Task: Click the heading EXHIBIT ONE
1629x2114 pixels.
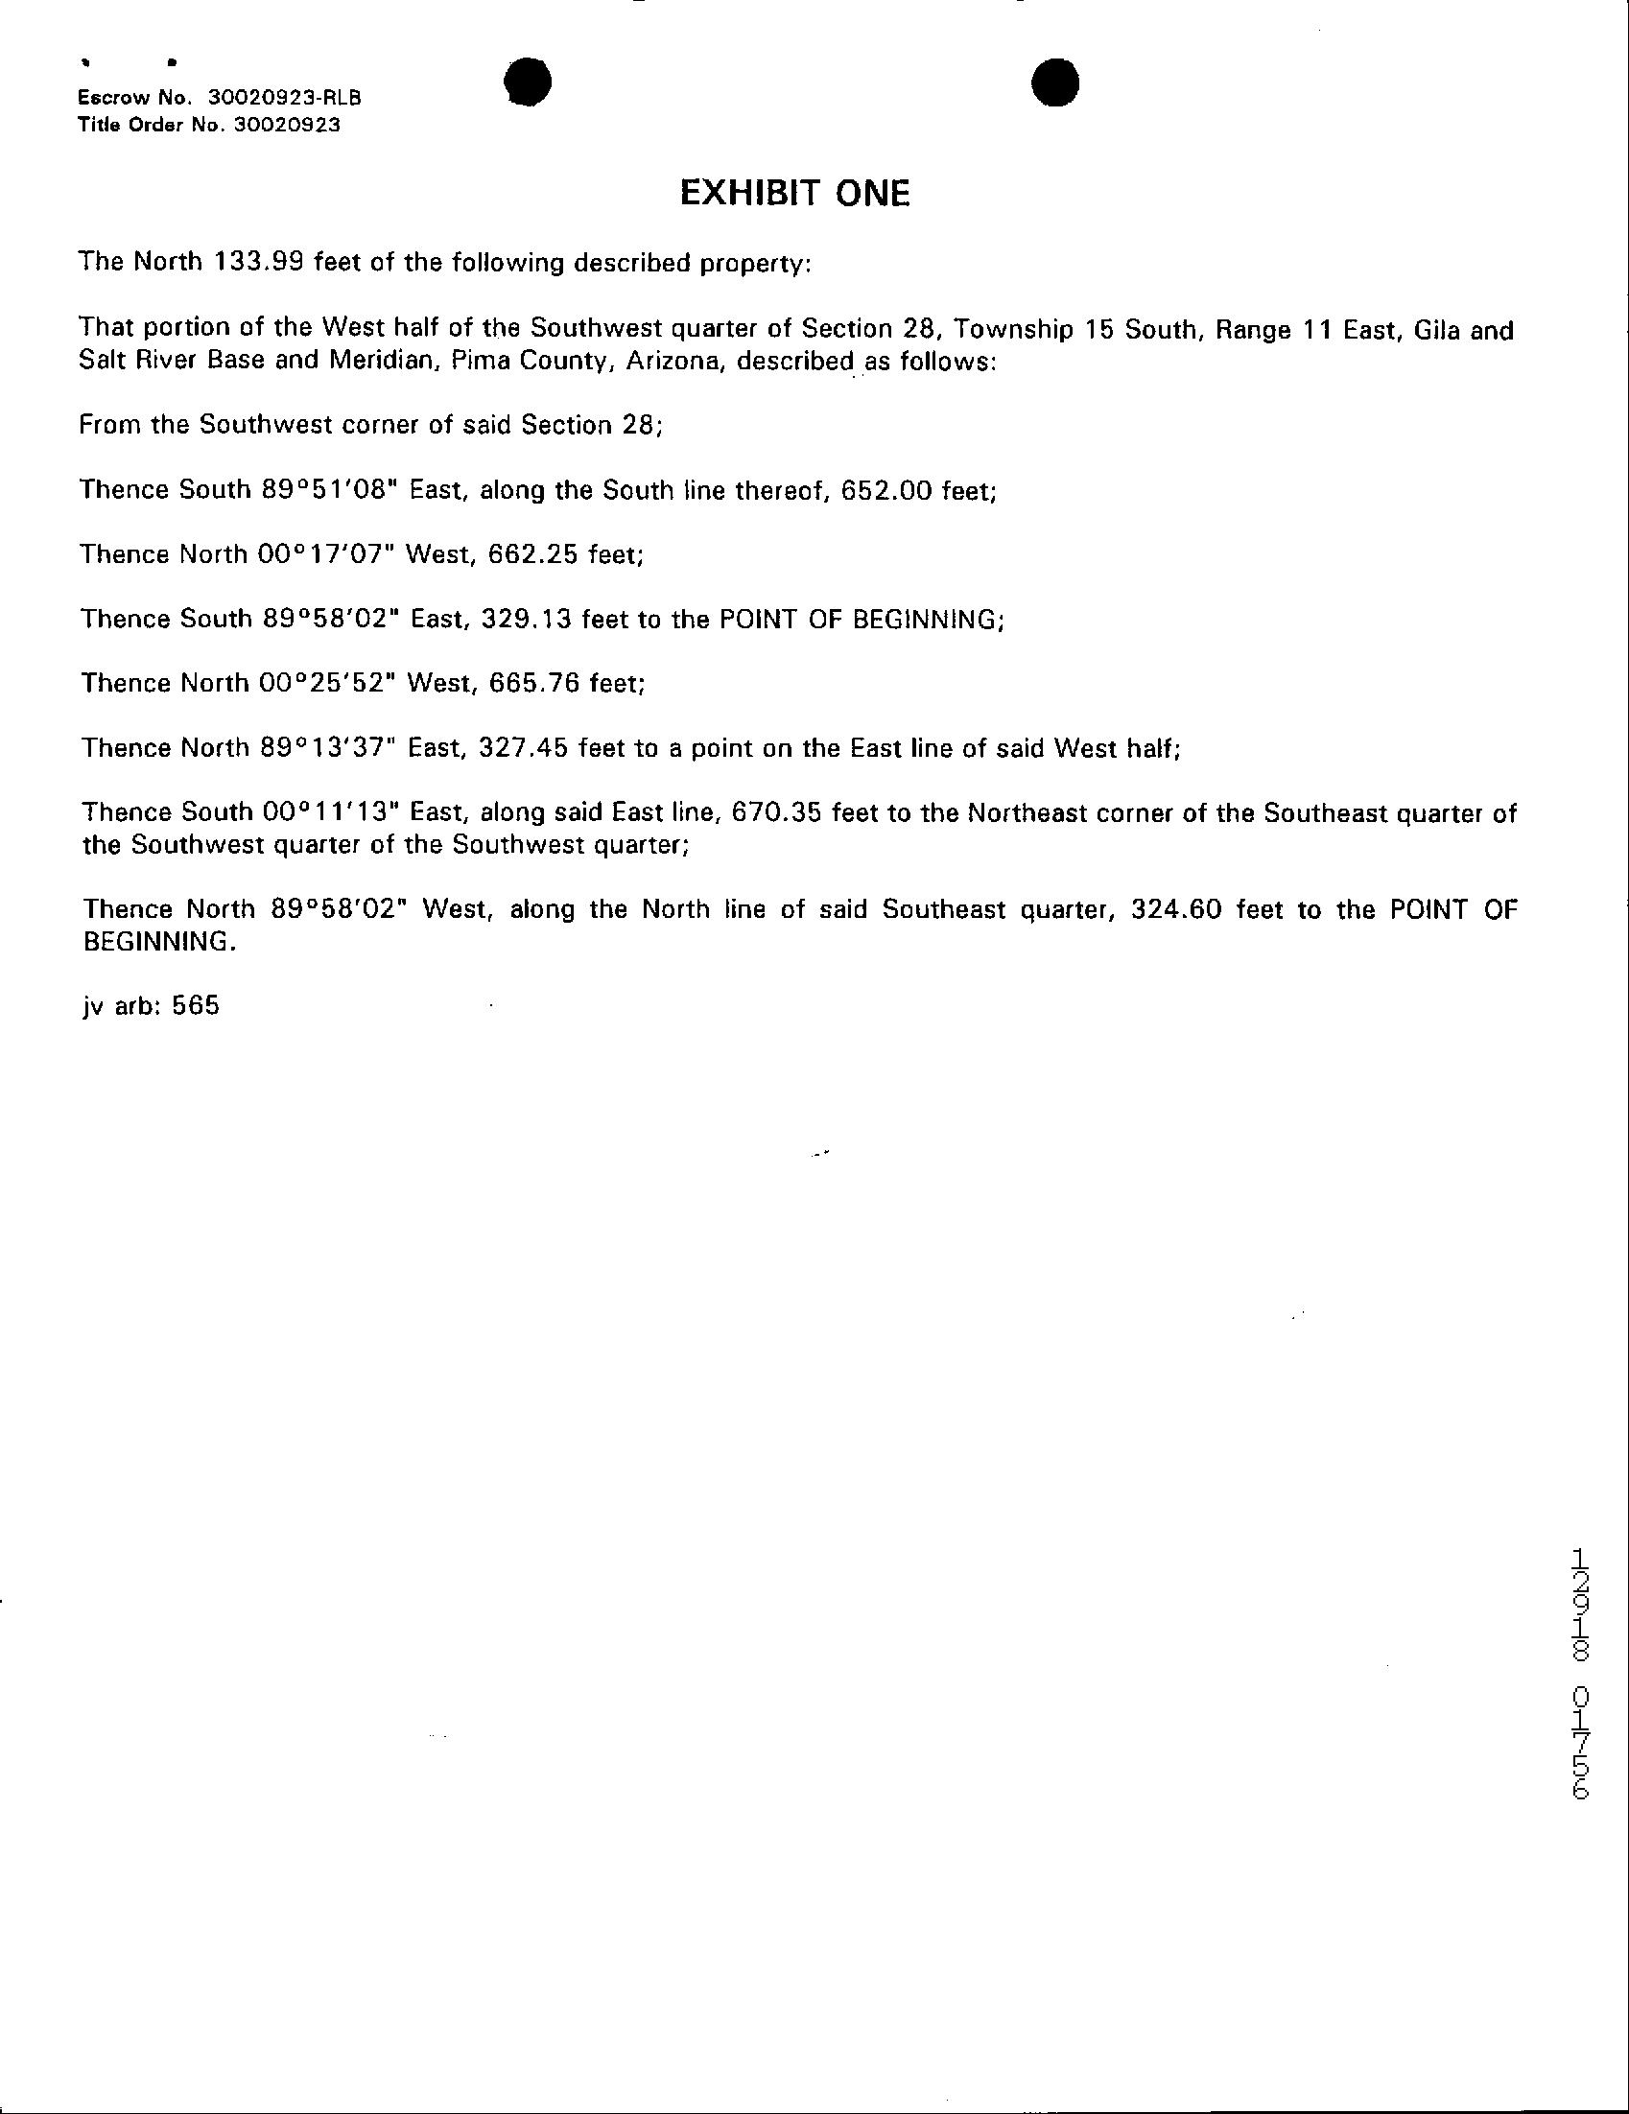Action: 794,195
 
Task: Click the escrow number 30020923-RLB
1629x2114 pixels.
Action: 286,99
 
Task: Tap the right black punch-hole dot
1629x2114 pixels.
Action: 1055,83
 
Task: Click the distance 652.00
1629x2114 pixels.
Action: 886,490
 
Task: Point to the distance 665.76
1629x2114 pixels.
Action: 534,682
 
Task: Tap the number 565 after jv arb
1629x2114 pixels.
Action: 196,1006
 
